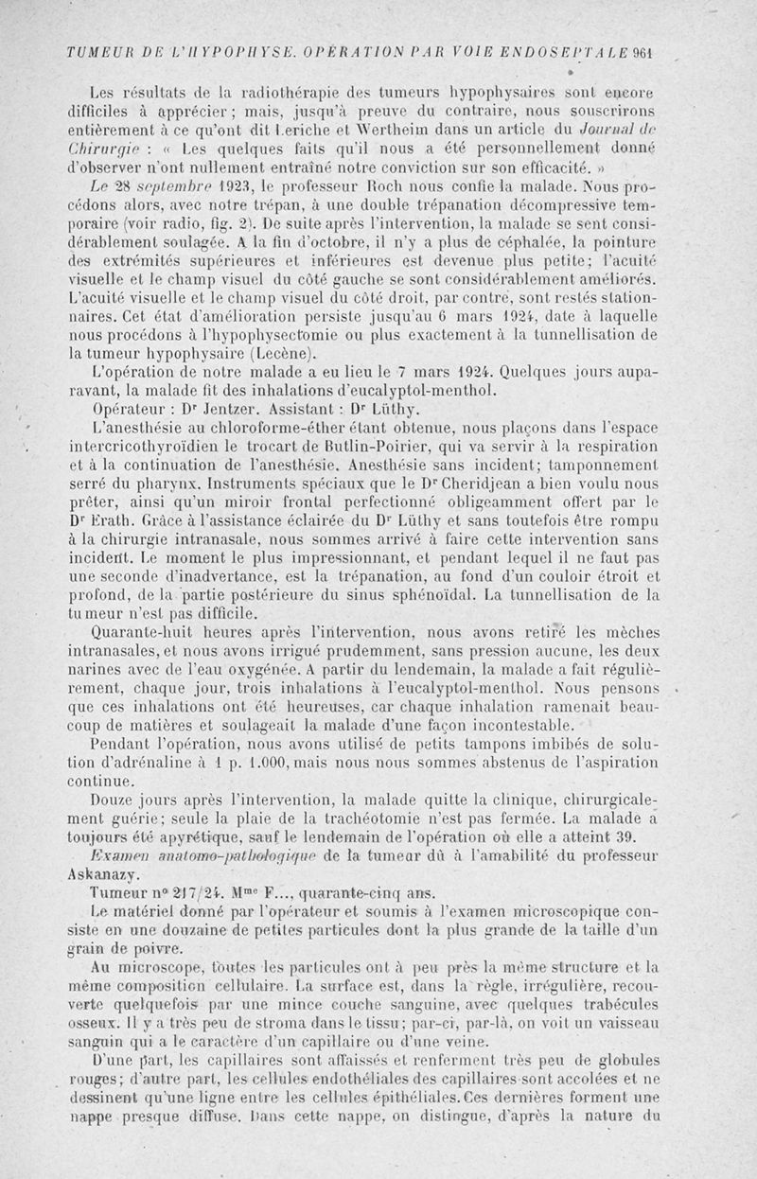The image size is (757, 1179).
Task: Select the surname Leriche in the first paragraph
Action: point(283,132)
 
